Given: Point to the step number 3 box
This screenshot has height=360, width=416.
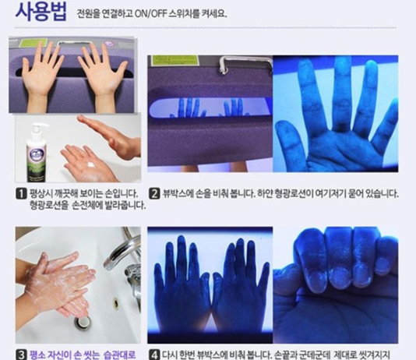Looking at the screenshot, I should tap(21, 352).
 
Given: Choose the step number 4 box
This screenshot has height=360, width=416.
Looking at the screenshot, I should tap(154, 352).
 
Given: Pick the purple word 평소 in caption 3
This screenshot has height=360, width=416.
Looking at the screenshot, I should tap(41, 352).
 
